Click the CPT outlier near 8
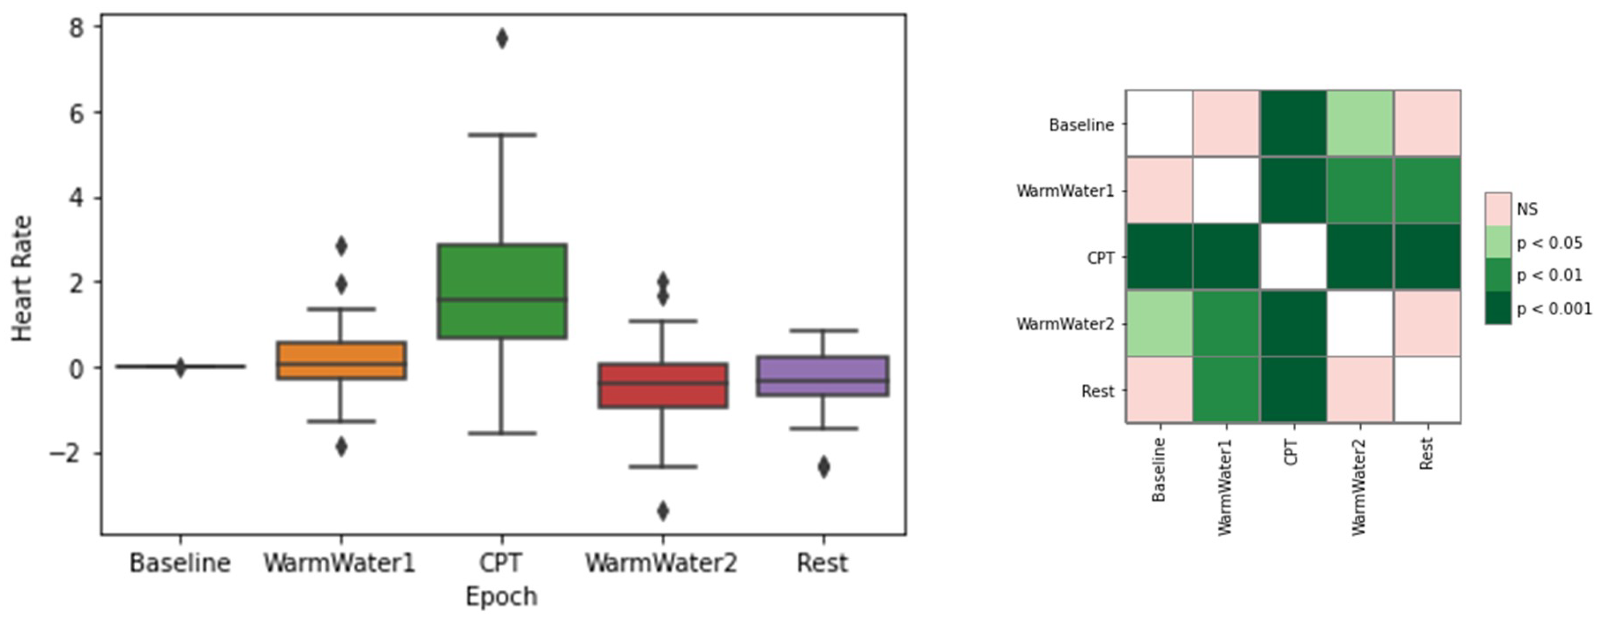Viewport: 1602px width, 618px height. (501, 39)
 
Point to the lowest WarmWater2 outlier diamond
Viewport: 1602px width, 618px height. (663, 511)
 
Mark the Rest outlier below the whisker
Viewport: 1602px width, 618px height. (823, 467)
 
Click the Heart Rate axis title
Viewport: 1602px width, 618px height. (22, 278)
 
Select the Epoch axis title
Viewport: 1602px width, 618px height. (501, 596)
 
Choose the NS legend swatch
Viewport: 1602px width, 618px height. (1497, 209)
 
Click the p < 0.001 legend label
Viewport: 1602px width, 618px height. (1554, 309)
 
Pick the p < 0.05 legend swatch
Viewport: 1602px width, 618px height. (1497, 242)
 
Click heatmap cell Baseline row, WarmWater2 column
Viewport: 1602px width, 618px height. (1360, 123)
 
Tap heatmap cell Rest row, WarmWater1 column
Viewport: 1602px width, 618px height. (1226, 390)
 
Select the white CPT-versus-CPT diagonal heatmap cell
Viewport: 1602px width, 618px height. (1293, 256)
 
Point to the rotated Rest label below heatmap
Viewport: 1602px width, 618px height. (1427, 453)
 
